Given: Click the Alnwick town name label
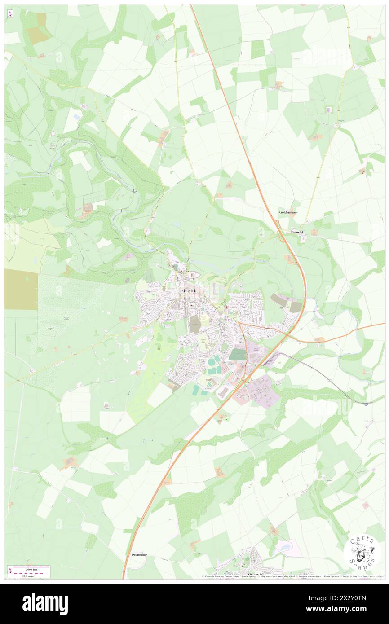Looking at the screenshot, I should pos(187,291).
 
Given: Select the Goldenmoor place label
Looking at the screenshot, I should pos(288,212).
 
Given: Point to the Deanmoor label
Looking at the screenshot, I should pos(139,554).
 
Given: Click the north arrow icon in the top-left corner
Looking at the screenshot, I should pos(10,13).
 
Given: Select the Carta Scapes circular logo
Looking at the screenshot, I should pos(362,552).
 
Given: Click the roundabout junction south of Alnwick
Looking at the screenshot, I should pos(246,380).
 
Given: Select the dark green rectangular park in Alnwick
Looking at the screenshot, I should pos(237,355).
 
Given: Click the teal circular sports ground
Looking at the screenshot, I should pos(211,362).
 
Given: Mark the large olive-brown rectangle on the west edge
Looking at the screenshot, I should pos(21,290).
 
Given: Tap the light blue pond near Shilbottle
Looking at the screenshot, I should pos(283,547).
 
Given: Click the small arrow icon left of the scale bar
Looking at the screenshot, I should pos(10,571).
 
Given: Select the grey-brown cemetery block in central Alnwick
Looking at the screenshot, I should pos(194,324).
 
